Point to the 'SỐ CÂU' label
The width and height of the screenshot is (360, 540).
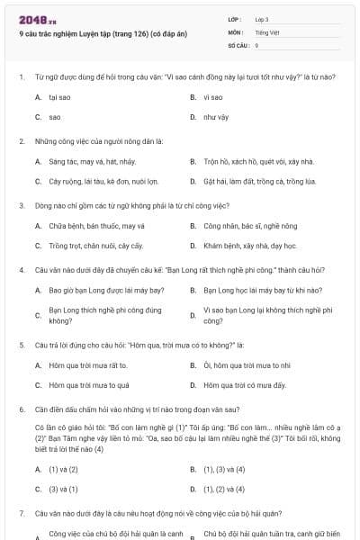coord(238,44)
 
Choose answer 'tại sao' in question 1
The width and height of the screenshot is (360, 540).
coord(60,97)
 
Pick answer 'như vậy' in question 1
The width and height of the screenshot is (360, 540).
coord(215,117)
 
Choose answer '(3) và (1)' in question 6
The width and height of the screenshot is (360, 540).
coord(63,489)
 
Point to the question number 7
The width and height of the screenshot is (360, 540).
coord(21,512)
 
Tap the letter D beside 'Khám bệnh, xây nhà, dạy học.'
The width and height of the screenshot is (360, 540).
coord(193,245)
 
